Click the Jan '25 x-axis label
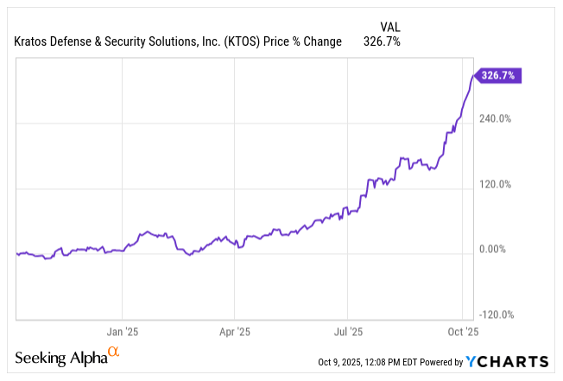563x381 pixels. click(x=123, y=331)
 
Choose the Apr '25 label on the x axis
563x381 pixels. click(x=234, y=331)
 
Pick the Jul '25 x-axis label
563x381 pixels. click(x=347, y=331)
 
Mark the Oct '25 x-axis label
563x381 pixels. click(x=462, y=331)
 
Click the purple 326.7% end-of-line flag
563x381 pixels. click(x=500, y=76)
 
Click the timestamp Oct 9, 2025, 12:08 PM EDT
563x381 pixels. click(x=383, y=362)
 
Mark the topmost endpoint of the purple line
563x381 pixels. click(x=472, y=76)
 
